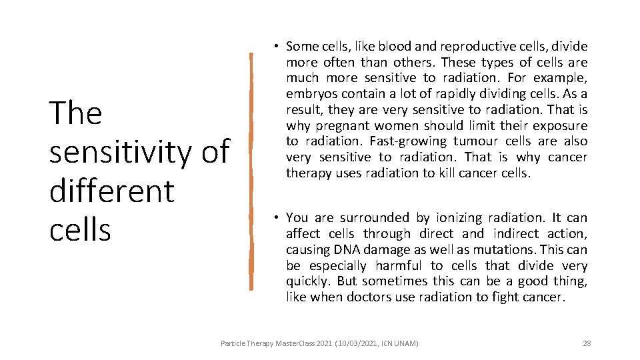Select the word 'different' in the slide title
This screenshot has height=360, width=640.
111,191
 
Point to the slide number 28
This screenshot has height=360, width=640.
587,343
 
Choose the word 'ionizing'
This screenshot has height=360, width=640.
461,218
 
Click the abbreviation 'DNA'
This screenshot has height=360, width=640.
345,249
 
